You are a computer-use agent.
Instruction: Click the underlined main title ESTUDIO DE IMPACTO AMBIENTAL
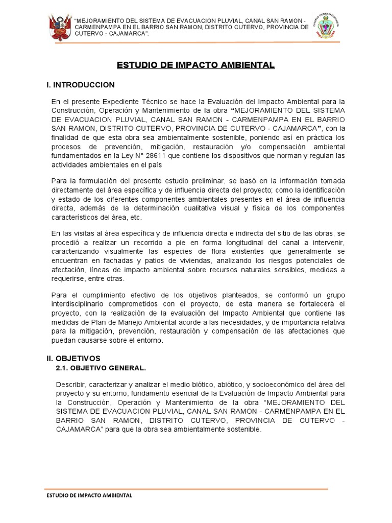[x=196, y=65]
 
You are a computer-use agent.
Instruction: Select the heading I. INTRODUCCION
[x=81, y=85]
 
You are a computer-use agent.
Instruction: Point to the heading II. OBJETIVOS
[x=73, y=359]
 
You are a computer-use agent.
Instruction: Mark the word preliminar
[x=193, y=181]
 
